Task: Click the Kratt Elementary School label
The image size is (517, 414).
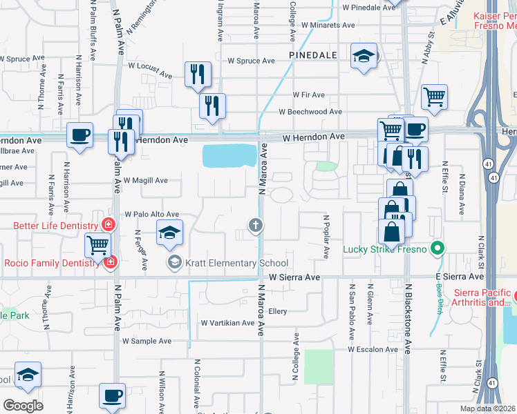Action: click(236, 263)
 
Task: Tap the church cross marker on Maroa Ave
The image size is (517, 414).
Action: click(256, 225)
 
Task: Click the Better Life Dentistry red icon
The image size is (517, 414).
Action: click(108, 225)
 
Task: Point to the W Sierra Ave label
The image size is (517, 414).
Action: click(294, 277)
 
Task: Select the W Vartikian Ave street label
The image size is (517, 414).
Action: click(227, 323)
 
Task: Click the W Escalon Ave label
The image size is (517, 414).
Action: click(374, 349)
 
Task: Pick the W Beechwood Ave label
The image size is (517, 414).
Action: click(310, 112)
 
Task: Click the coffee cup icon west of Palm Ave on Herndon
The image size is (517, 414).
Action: click(79, 134)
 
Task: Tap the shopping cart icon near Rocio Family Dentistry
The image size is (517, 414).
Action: click(97, 244)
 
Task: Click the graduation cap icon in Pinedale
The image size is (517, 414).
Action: click(364, 56)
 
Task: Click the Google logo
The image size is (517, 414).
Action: click(23, 405)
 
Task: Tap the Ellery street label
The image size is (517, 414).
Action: click(277, 311)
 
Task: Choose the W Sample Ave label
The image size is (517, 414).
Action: click(147, 341)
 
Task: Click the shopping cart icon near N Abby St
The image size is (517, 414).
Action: click(434, 97)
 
